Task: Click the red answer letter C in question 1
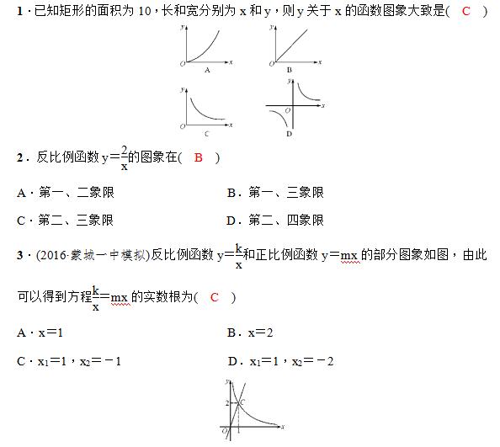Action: point(465,10)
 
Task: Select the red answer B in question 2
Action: point(199,157)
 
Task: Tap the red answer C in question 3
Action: point(214,297)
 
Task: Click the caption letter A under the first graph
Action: point(207,70)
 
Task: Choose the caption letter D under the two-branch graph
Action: point(289,134)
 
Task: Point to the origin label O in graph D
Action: point(287,111)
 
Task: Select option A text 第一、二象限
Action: point(76,193)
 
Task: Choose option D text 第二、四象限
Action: point(285,221)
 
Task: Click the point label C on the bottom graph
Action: point(242,403)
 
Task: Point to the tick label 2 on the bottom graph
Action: point(226,404)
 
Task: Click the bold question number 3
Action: point(20,254)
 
